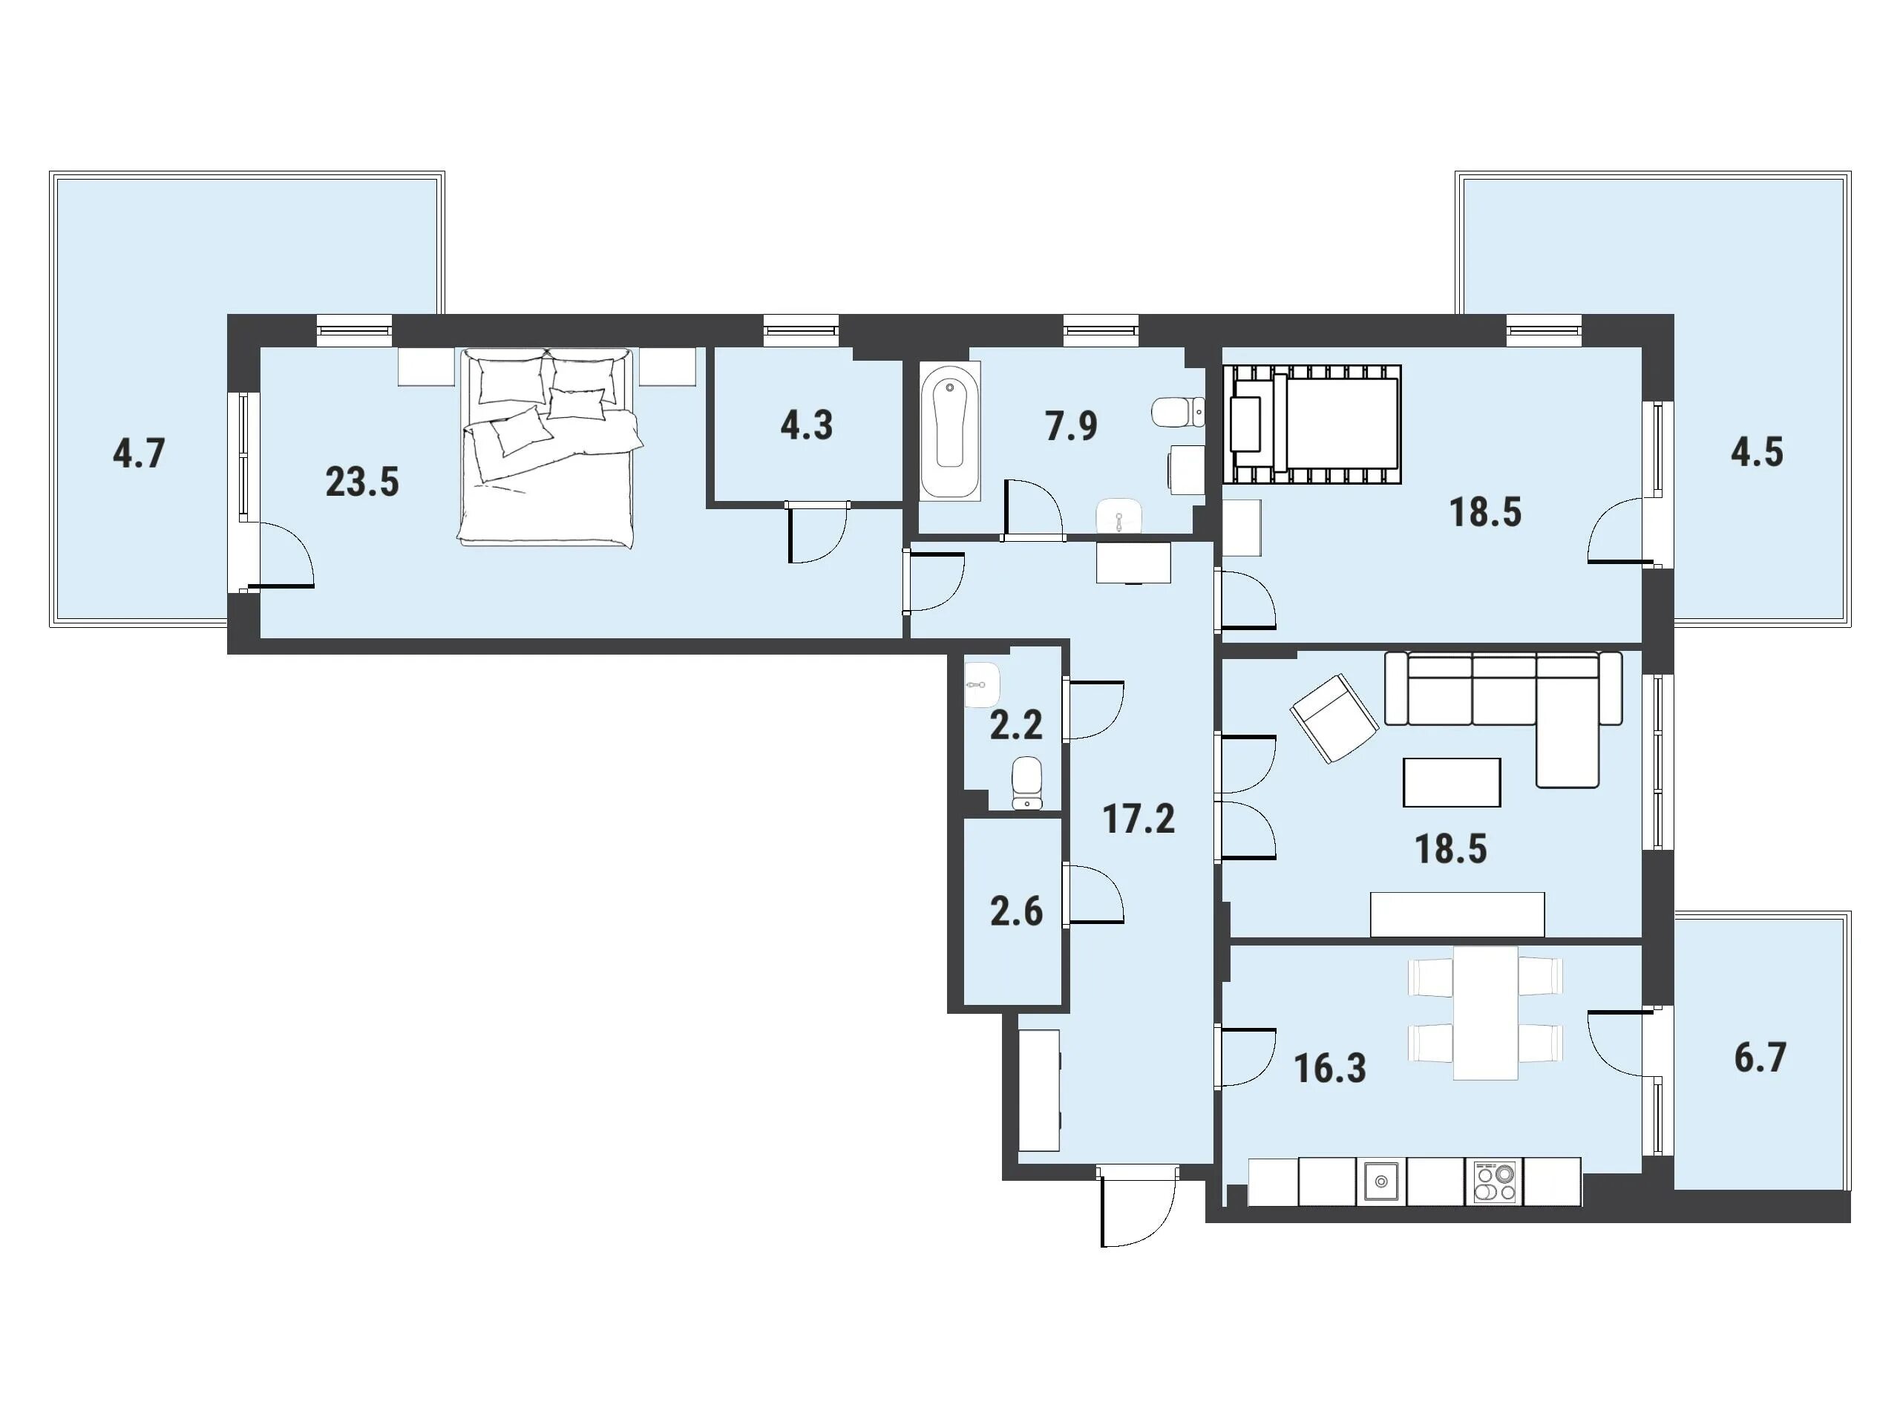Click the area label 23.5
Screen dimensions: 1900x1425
361,482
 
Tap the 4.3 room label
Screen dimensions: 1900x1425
807,425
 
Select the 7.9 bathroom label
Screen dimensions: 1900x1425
1071,425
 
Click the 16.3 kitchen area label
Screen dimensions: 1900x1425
1330,1069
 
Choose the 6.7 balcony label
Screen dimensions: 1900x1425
1760,1058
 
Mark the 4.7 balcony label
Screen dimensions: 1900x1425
138,453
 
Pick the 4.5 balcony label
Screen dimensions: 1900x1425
1757,452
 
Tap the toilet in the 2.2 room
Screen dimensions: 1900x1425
1026,782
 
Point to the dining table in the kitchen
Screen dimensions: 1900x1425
1485,1012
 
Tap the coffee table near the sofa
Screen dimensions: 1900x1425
1452,782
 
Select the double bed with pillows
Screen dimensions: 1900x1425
547,447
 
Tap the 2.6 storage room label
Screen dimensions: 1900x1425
1016,911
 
